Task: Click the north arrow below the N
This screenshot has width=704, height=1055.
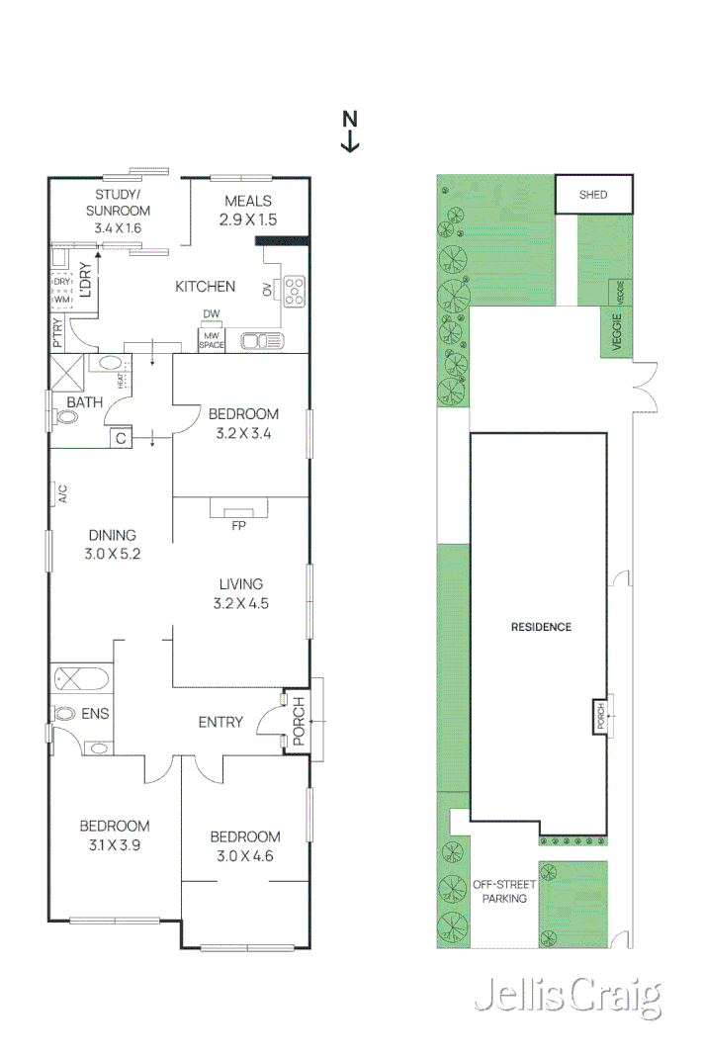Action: [350, 141]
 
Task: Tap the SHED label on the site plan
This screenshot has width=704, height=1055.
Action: [593, 195]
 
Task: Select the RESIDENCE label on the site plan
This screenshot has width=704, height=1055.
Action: [541, 627]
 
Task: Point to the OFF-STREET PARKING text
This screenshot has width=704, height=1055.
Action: [504, 892]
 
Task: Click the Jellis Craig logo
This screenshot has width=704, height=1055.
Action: [569, 996]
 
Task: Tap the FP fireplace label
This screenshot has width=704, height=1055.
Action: [238, 526]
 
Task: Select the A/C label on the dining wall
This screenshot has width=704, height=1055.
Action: [62, 494]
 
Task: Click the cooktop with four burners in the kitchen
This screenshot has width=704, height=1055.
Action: [294, 292]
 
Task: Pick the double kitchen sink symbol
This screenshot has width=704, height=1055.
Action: [262, 342]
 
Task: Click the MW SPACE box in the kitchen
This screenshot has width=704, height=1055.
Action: [212, 340]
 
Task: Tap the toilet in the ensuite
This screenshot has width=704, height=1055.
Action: [64, 713]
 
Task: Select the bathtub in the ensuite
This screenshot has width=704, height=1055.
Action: [81, 678]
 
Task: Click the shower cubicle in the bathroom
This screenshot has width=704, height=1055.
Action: [66, 372]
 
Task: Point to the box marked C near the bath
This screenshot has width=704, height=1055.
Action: [122, 438]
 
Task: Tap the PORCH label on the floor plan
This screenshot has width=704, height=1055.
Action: [299, 721]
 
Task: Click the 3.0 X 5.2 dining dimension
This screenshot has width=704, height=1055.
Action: [113, 554]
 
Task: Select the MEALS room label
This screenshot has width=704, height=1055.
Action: [248, 201]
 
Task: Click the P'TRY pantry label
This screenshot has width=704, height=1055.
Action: [57, 333]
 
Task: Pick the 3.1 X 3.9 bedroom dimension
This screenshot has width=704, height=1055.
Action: [115, 845]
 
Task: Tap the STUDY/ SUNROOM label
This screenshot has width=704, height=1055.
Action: [118, 203]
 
